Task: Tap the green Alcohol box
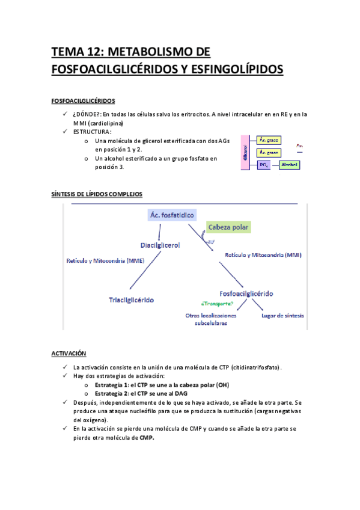coord(289,165)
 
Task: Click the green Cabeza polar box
coord(228,227)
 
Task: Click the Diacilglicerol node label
coord(160,245)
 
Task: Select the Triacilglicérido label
coord(131,299)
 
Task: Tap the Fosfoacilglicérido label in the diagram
coord(246,293)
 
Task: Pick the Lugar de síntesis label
coord(282,315)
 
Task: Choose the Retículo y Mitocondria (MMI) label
coord(263,255)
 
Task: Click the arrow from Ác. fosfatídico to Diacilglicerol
coord(159,232)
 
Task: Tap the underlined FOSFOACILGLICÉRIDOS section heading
coord(84,100)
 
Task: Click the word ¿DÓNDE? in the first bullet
coord(85,114)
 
